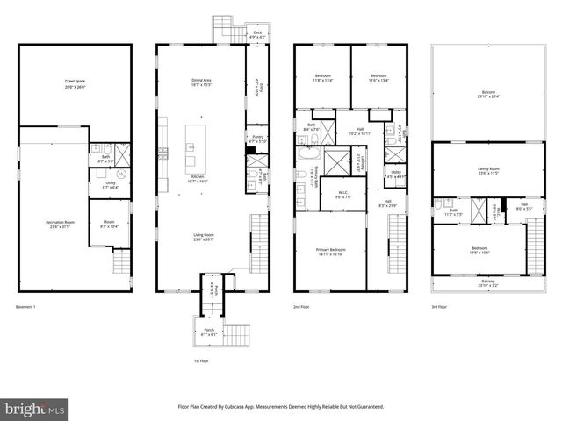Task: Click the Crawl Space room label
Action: pyautogui.click(x=75, y=81)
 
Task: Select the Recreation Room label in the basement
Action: pyautogui.click(x=61, y=223)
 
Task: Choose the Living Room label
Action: pyautogui.click(x=204, y=234)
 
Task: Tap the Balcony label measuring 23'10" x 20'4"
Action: pyautogui.click(x=487, y=93)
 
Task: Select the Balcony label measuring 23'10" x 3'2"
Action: pyautogui.click(x=487, y=282)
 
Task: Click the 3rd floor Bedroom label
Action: pyautogui.click(x=479, y=248)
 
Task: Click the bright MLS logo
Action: pyautogui.click(x=35, y=409)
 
